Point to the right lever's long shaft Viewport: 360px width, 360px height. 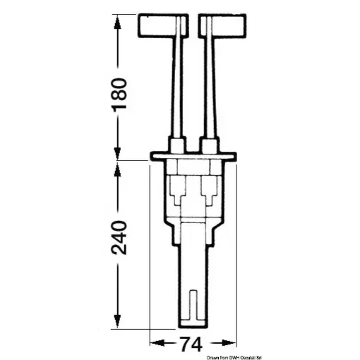(x=209, y=85)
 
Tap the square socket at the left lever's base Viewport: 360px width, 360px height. (x=175, y=145)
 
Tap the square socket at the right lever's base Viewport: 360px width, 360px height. (x=210, y=145)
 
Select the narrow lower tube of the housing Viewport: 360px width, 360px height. (x=193, y=275)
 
